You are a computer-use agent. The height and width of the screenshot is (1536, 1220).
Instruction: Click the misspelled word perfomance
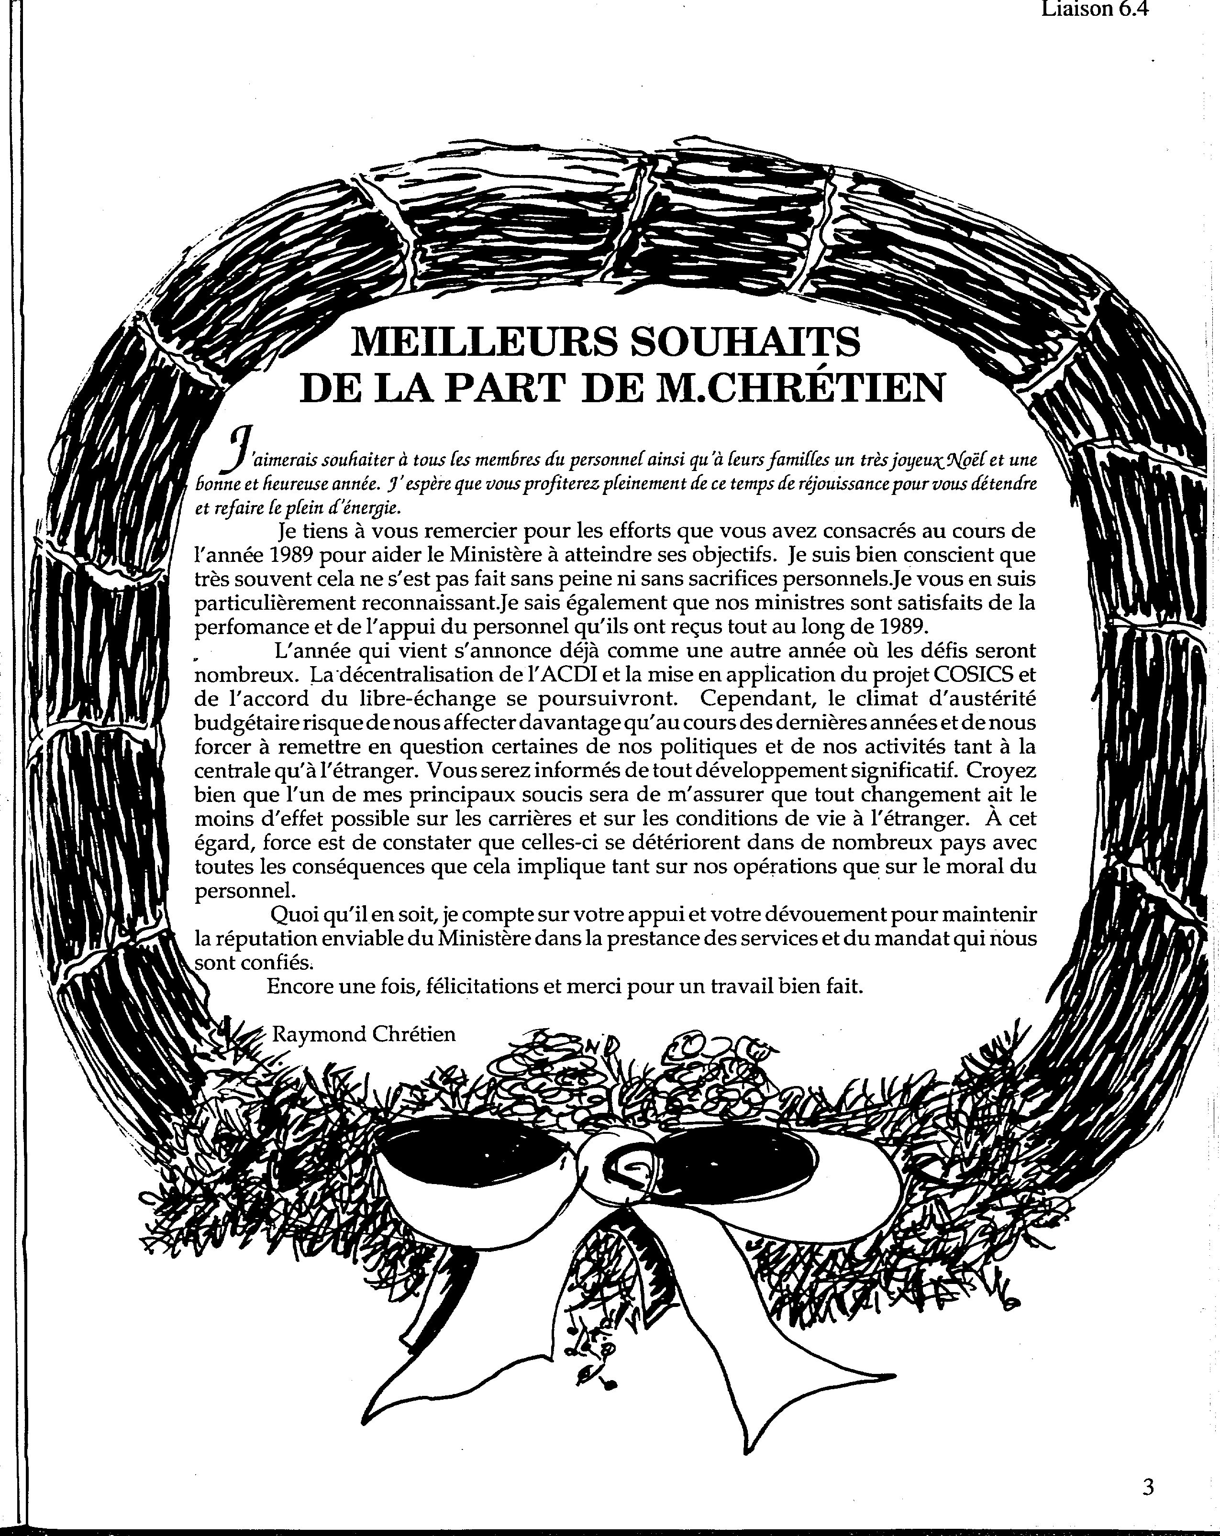pos(256,626)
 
